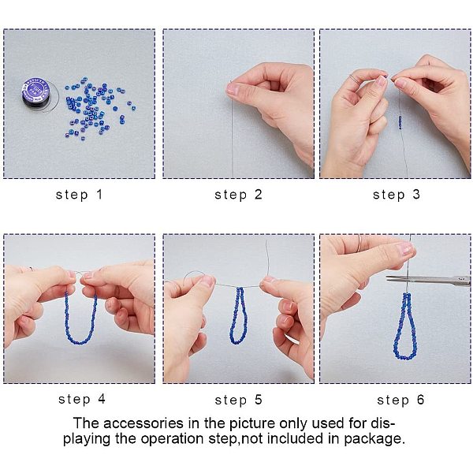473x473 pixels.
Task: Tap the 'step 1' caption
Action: [x=80, y=195]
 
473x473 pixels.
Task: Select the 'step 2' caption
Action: [x=238, y=195]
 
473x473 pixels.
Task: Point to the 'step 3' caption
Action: [x=397, y=195]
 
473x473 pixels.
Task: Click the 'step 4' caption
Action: [x=82, y=399]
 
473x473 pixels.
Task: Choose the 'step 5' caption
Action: [x=238, y=400]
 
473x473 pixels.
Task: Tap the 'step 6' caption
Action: [x=400, y=400]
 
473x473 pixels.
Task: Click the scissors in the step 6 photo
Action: [x=428, y=280]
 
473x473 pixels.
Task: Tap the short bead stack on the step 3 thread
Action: [x=400, y=122]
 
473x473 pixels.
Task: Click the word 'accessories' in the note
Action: [x=143, y=423]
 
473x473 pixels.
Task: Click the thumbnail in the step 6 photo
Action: [x=404, y=249]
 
